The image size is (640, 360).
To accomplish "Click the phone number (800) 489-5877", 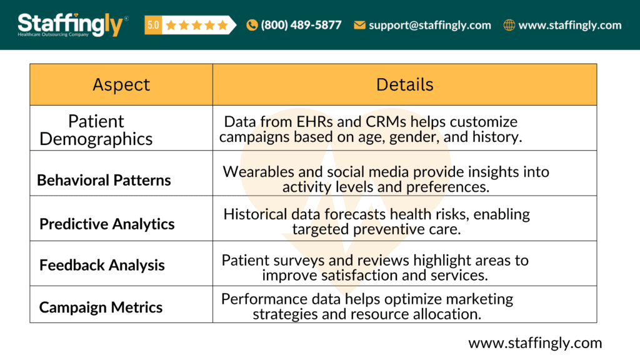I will [301, 26].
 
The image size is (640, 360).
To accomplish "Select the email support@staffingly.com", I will [429, 26].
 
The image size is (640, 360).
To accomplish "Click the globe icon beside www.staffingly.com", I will [509, 26].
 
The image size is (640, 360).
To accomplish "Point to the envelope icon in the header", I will [359, 26].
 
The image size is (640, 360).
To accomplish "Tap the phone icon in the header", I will [252, 26].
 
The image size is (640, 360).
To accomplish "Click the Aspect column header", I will [121, 85].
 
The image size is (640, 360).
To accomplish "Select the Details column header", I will [404, 84].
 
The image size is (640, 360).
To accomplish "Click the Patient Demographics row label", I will [96, 129].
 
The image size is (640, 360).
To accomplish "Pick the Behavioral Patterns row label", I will [104, 181].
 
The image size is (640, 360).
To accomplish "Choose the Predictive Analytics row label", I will [107, 224].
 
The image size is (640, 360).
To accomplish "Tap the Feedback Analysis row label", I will [102, 265].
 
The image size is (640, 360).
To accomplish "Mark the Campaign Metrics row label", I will [101, 307].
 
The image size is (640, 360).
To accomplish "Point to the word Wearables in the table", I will [255, 171].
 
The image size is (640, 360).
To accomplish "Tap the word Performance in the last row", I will [259, 299].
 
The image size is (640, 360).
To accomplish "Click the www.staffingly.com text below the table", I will [535, 342].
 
